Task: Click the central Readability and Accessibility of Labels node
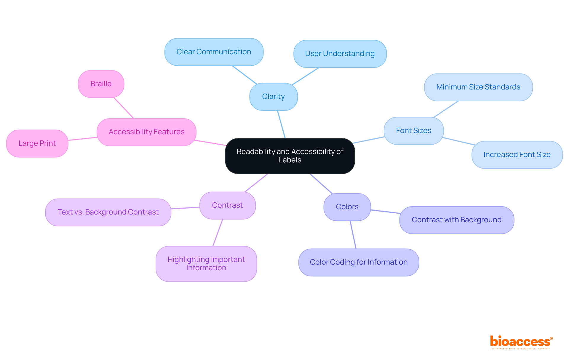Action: (290, 156)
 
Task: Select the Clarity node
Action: (273, 97)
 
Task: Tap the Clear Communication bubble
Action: (214, 52)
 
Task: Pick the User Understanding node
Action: (340, 54)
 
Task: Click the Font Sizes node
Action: (413, 131)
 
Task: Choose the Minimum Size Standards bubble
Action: (478, 87)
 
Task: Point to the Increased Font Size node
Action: (517, 155)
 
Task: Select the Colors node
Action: (347, 207)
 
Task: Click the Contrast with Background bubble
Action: (456, 220)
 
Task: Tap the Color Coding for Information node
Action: (359, 262)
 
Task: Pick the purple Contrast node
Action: (227, 205)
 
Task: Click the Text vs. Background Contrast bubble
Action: (108, 212)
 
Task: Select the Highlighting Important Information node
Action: (206, 264)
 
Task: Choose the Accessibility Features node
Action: (146, 132)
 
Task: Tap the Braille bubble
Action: (101, 84)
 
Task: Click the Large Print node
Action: (37, 143)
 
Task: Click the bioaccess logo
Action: (521, 342)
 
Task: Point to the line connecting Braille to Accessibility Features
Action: (124, 108)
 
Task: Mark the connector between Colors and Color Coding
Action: (353, 235)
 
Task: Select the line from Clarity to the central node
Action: (281, 124)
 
